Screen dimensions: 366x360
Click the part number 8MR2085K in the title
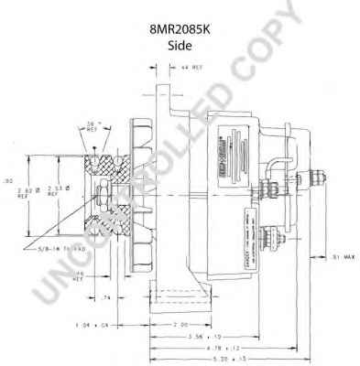coord(180,29)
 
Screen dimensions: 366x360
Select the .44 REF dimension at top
coord(191,68)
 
